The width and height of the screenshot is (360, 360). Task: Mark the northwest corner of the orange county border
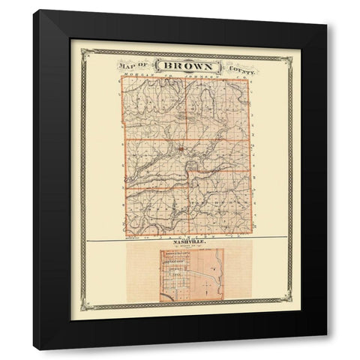pos(121,79)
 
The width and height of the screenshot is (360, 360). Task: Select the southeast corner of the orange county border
pos(253,235)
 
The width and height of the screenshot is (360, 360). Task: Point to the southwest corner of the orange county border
pos(127,235)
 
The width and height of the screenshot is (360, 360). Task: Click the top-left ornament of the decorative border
pos(85,52)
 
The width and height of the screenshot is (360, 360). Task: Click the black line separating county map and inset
pos(187,239)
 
